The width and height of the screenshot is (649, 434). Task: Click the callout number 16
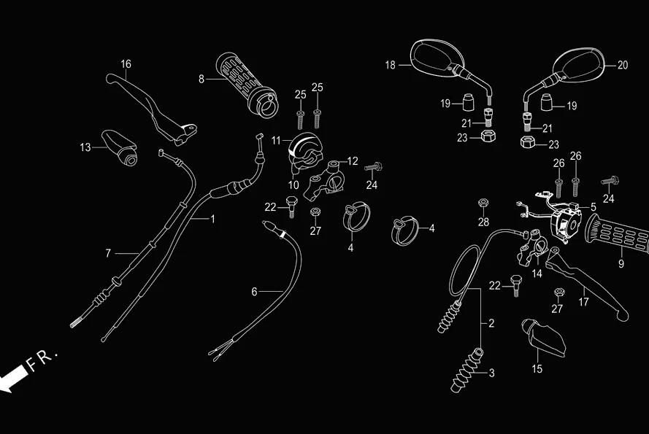point(126,64)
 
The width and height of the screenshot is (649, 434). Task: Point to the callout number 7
point(108,253)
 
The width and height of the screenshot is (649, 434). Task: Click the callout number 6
point(254,292)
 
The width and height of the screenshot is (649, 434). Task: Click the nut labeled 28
point(483,202)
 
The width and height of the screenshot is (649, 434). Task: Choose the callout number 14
point(537,274)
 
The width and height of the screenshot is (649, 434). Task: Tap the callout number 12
point(353,160)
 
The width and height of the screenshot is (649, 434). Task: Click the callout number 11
point(276,139)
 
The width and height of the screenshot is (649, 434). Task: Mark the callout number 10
point(293,185)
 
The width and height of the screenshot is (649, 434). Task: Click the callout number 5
point(594,207)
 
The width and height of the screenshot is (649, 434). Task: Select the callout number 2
point(491,322)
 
